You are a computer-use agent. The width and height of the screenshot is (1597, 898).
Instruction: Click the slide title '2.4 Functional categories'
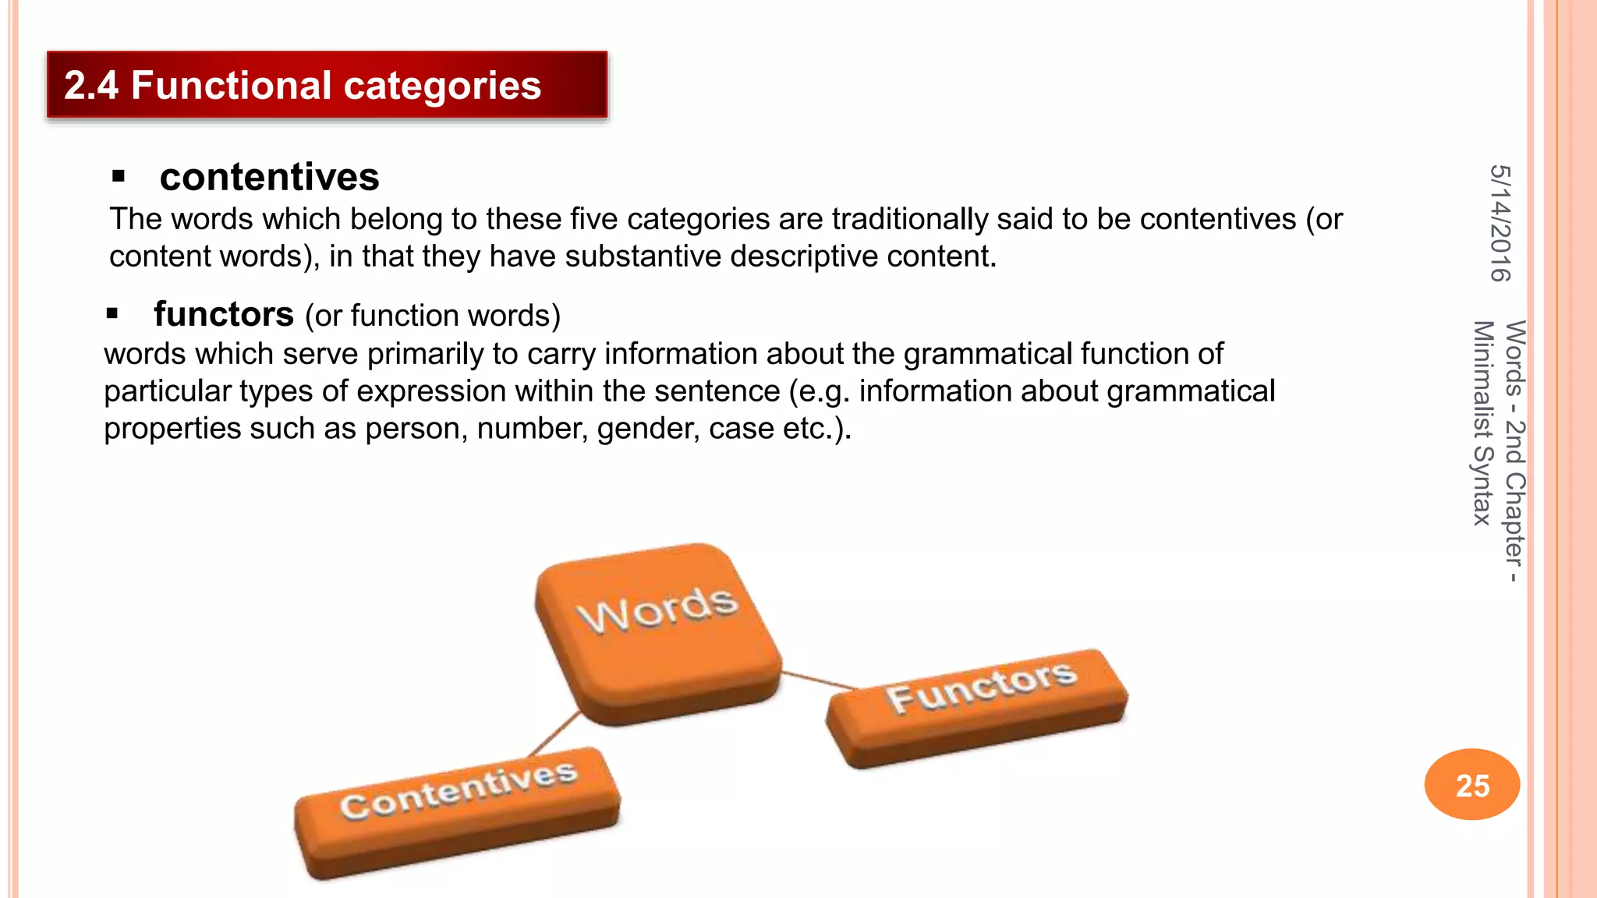pos(303,85)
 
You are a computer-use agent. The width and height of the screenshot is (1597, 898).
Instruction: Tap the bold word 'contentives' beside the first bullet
pos(269,177)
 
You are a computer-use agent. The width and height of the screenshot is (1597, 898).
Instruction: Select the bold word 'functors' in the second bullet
pos(224,314)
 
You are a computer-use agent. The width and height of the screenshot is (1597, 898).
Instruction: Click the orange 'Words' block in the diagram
pos(657,631)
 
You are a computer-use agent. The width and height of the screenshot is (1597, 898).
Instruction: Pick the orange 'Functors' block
pos(979,705)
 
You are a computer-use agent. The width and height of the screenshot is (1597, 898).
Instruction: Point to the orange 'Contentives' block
pos(459,811)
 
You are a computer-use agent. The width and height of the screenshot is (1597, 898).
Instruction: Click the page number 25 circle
pos(1471,784)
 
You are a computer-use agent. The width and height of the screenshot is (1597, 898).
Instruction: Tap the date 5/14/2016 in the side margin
pos(1500,223)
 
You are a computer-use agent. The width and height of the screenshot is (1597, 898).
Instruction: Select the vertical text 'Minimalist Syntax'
pos(1482,422)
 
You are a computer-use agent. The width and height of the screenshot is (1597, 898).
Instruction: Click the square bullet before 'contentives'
pos(119,176)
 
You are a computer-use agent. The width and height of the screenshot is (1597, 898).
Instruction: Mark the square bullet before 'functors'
pos(112,313)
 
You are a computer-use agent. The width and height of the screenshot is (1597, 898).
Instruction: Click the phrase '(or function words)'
pos(433,316)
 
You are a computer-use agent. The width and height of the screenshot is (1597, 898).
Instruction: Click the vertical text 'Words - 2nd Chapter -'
pos(1514,451)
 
